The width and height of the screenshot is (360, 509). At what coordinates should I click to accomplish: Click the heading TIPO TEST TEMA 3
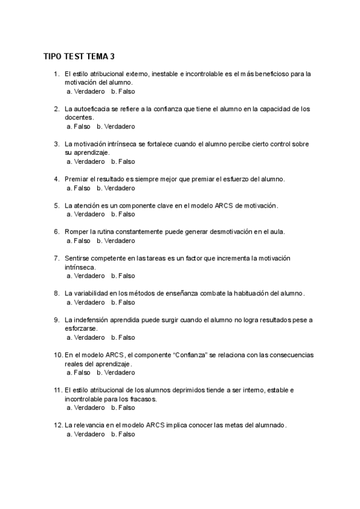click(79, 57)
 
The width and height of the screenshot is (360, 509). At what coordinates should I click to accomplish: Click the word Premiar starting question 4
click(76, 179)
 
